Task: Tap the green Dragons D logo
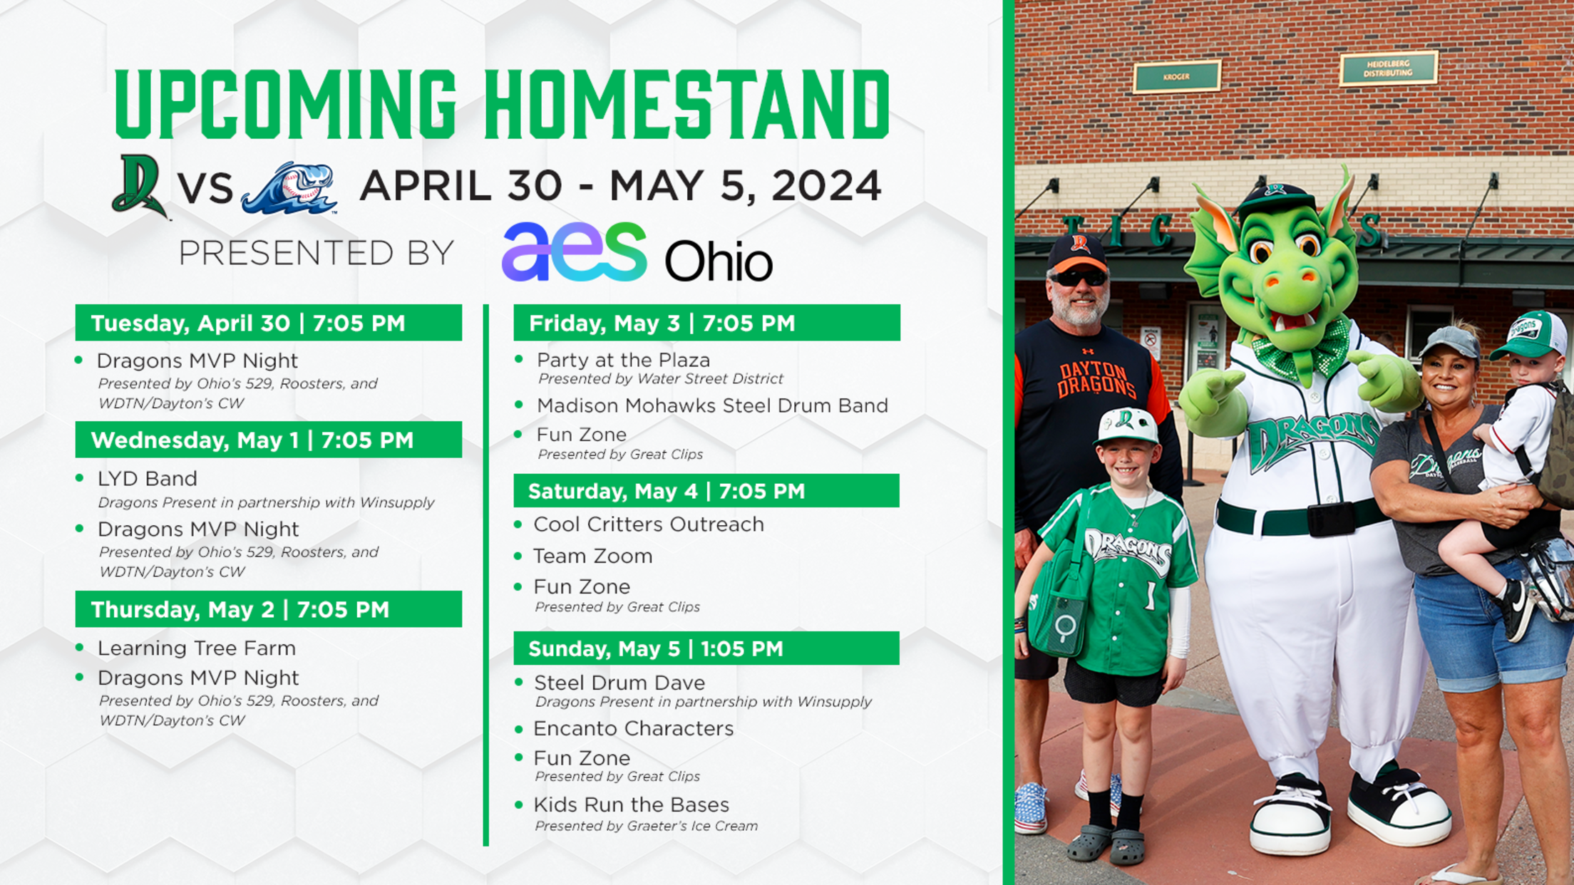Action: (140, 186)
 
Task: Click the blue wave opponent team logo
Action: (289, 188)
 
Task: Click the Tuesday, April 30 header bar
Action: (269, 323)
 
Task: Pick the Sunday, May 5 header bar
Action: (706, 648)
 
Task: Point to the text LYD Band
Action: (148, 478)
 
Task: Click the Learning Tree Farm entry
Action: (197, 648)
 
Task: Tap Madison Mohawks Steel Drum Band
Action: (712, 405)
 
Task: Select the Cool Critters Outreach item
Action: (649, 524)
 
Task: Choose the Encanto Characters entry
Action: (634, 728)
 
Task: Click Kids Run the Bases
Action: (632, 804)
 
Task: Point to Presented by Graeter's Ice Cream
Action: (647, 826)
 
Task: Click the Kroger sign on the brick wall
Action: (1177, 76)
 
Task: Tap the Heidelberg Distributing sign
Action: (1388, 68)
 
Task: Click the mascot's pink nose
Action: (1292, 281)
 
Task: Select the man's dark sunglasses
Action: (1079, 277)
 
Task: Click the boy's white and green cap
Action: (1127, 426)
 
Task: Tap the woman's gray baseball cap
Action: (1450, 341)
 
